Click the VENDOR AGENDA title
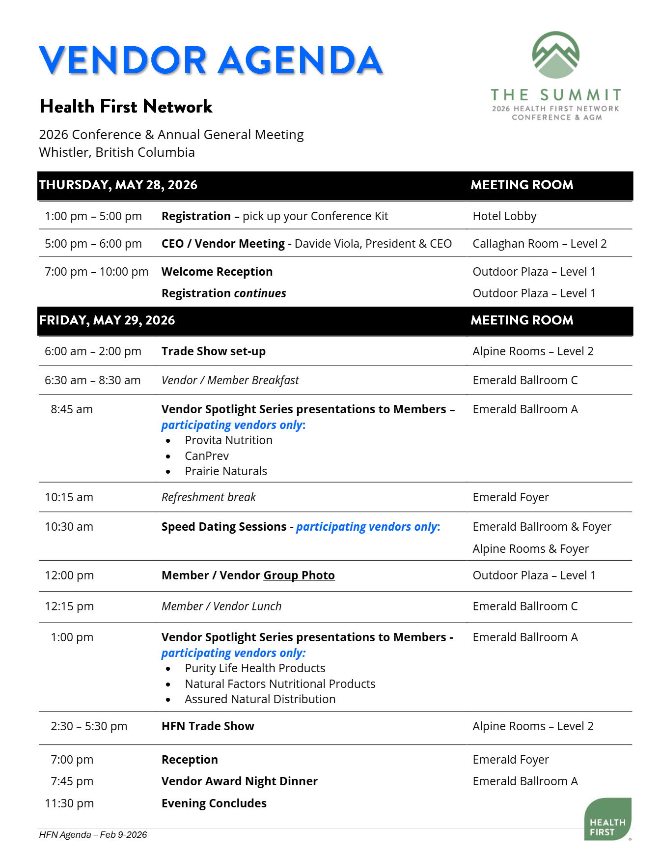pos(210,60)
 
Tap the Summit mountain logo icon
pos(555,55)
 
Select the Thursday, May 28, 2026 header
pos(118,185)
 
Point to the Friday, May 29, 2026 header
pos(107,320)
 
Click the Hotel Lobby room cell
pos(504,216)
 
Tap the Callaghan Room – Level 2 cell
pos(539,244)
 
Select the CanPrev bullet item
pos(207,456)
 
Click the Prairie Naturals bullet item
pos(226,471)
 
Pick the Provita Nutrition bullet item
pos(228,440)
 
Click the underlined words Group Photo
pos(299,575)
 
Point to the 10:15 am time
pos(69,497)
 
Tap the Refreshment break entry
pos(209,497)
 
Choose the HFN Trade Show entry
pos(208,726)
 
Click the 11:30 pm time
pos(69,803)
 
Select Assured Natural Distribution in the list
pos(260,699)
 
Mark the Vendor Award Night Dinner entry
pos(240,781)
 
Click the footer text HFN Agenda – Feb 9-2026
pos(93,835)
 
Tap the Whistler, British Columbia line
pos(117,152)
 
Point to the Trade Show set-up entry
pos(214,351)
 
